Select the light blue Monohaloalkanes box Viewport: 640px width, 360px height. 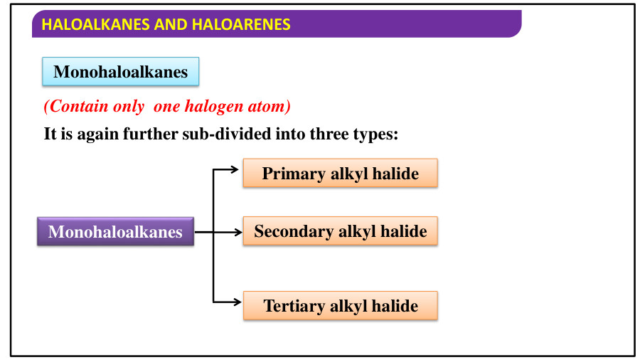(121, 72)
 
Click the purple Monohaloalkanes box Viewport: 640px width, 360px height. (115, 232)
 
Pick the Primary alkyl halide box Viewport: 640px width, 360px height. (340, 174)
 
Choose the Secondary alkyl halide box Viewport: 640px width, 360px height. (340, 231)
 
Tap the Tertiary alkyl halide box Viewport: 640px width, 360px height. (340, 306)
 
